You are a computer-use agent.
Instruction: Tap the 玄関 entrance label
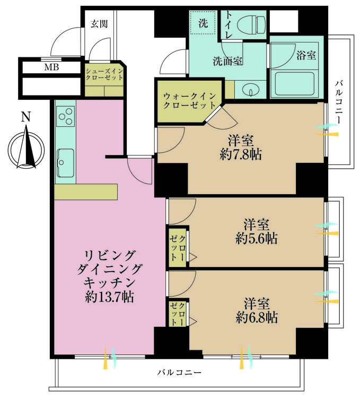(99, 23)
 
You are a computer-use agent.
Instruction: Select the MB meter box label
(51, 67)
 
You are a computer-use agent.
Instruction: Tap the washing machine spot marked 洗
(203, 24)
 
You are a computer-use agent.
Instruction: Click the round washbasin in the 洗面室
(248, 90)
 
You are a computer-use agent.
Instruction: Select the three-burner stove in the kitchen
(66, 116)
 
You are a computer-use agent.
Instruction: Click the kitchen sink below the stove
(65, 158)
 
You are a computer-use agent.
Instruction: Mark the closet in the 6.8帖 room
(177, 313)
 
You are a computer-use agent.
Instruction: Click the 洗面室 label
(228, 61)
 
